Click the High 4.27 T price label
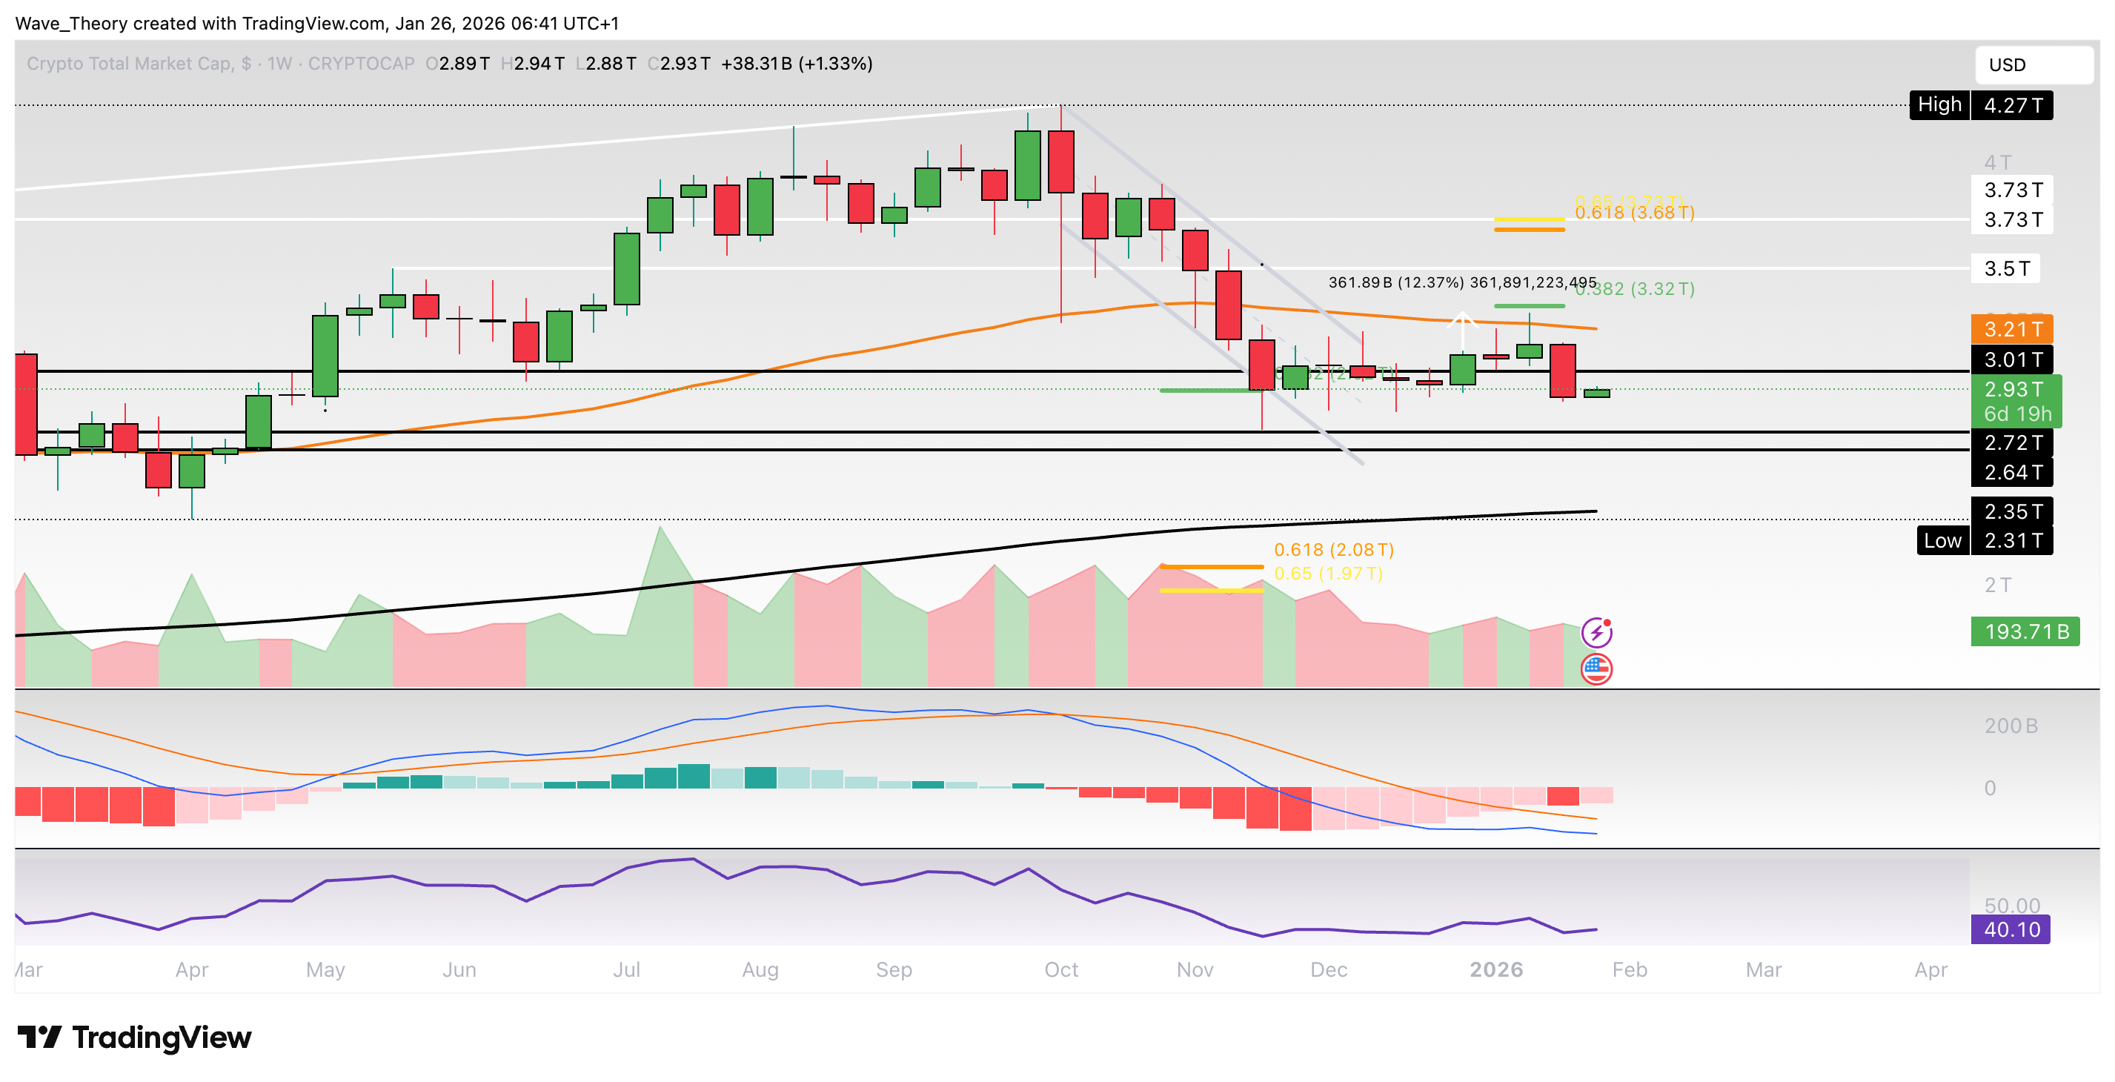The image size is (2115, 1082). pos(1980,105)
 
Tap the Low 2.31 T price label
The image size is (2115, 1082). pos(1984,540)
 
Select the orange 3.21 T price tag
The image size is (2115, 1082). pos(2011,329)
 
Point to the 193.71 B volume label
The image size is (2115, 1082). pos(2025,631)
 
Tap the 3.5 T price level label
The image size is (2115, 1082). pos(2006,268)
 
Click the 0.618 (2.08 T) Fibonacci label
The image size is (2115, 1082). pos(1333,549)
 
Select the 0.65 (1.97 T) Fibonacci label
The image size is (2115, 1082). pos(1328,573)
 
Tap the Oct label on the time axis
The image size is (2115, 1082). pos(1060,969)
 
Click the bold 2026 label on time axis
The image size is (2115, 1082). pos(1496,969)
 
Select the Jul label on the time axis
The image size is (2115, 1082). pos(626,969)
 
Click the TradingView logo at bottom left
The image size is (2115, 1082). pos(135,1037)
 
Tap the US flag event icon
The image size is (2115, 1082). pos(1596,669)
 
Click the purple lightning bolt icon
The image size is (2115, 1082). pos(1596,632)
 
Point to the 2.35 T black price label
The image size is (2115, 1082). pos(2011,511)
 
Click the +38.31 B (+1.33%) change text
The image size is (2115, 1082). pos(797,63)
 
